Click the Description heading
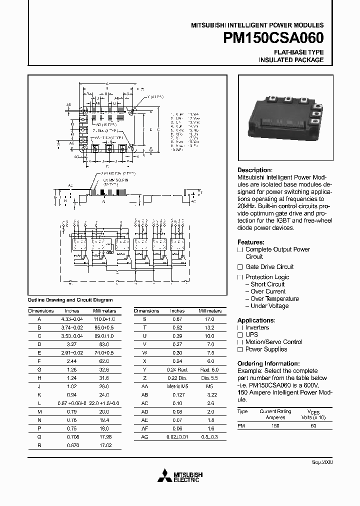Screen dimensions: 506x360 click(254, 170)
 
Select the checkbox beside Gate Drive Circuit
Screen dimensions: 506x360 click(240, 267)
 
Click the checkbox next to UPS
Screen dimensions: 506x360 click(240, 335)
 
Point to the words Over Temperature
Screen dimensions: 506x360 click(274, 299)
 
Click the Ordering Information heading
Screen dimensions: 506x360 click(268, 363)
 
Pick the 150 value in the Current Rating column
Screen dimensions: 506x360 click(275, 425)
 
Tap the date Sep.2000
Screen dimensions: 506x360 click(322, 462)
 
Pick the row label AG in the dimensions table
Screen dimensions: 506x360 click(144, 437)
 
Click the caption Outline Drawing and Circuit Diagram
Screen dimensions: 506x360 click(70, 300)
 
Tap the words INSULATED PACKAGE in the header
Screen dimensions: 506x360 click(291, 60)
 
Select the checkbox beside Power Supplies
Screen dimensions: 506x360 click(240, 349)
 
